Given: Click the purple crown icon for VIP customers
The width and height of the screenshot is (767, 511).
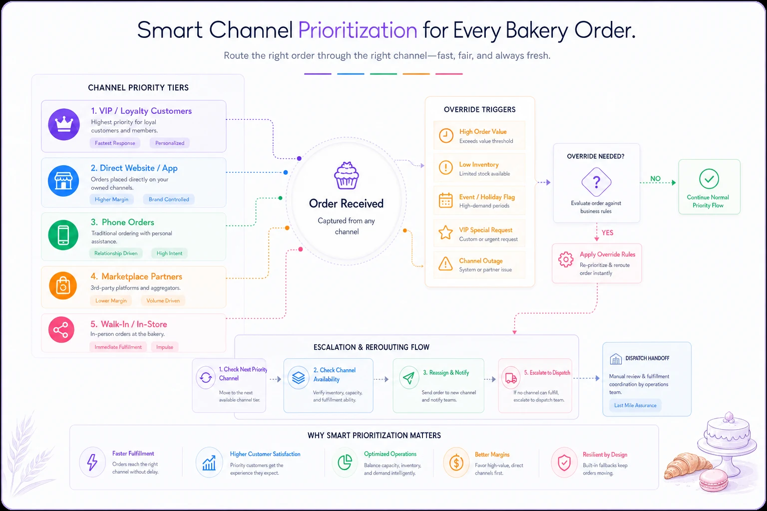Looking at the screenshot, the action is [x=64, y=124].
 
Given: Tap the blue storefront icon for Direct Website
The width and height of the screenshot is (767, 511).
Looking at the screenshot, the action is [x=63, y=181].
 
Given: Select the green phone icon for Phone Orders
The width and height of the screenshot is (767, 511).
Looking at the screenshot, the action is [x=63, y=235].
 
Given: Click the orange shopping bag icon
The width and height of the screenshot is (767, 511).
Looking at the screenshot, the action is [x=63, y=285].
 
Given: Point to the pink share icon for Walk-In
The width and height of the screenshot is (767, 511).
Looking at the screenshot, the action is [x=61, y=330].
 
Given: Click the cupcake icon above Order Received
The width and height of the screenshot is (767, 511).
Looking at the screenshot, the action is [x=347, y=176].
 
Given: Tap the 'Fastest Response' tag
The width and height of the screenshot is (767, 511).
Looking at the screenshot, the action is [x=115, y=143].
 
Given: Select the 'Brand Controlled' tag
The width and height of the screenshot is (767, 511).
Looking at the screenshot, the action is [x=169, y=199].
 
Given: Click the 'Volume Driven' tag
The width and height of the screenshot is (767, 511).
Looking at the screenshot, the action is [x=163, y=300].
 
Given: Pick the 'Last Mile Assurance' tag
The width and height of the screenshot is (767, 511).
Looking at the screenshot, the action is [x=635, y=405].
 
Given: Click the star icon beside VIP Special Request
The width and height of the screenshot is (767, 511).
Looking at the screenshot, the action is [x=445, y=233].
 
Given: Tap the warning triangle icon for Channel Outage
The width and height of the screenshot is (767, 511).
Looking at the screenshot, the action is [x=445, y=264].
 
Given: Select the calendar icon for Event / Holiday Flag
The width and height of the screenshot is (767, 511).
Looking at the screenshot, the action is [x=445, y=200].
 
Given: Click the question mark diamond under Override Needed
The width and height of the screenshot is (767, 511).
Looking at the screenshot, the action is [x=596, y=182].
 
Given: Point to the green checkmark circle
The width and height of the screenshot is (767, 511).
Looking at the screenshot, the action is [x=709, y=179].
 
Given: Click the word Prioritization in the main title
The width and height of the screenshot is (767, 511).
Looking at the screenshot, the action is [x=358, y=31].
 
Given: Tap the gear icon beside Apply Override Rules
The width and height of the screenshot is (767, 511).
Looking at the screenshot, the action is [x=566, y=259].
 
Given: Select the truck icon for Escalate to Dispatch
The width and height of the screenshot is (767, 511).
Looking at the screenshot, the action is [x=511, y=378].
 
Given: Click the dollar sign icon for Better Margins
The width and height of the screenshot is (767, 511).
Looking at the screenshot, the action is [x=456, y=463].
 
